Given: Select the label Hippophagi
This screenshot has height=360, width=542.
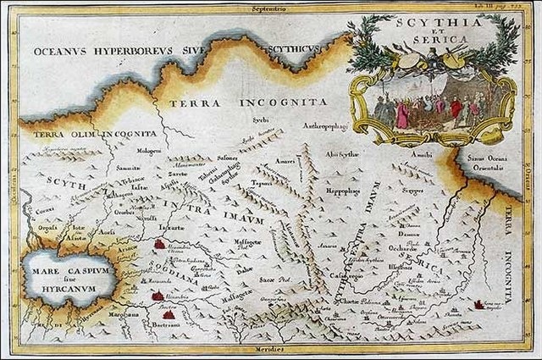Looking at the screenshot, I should (344, 191).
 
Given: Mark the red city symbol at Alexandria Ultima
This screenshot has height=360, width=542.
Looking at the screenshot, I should (158, 245).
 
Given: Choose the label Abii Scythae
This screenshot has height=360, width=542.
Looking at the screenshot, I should (350, 156).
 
